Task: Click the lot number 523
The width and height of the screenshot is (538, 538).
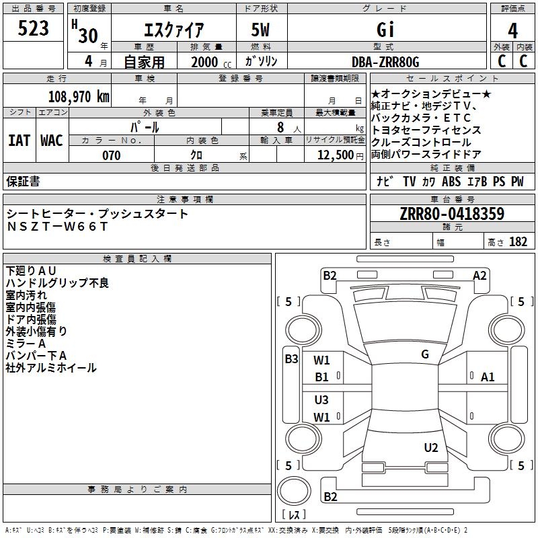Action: click(x=34, y=29)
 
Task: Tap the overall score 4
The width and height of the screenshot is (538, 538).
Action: click(x=513, y=31)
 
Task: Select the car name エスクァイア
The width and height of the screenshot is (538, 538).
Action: click(x=174, y=30)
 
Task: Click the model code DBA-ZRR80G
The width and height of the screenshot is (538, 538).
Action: click(x=385, y=62)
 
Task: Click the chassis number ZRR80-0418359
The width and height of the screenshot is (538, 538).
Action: click(x=452, y=214)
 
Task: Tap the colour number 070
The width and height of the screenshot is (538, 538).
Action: click(x=111, y=155)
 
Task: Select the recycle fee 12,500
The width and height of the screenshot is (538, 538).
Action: click(x=336, y=155)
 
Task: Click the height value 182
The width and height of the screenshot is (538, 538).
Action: click(x=518, y=242)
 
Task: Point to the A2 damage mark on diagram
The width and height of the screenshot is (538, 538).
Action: click(x=479, y=275)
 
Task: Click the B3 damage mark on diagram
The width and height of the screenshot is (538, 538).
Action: click(x=291, y=359)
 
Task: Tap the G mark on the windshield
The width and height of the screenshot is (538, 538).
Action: click(x=425, y=354)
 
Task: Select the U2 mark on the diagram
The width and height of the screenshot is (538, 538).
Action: click(x=431, y=448)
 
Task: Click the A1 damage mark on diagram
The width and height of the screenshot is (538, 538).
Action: click(x=488, y=377)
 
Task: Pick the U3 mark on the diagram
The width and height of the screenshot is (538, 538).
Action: click(x=322, y=400)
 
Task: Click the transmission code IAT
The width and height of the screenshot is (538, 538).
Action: click(x=19, y=141)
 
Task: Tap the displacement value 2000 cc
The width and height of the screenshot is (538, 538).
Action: click(x=210, y=62)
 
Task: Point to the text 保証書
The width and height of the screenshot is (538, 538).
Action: click(x=23, y=181)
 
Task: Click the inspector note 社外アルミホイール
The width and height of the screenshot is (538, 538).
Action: click(x=51, y=368)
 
